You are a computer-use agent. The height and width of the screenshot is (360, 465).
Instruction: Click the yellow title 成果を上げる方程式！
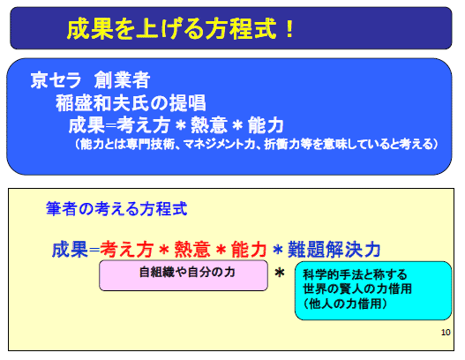[x=180, y=29]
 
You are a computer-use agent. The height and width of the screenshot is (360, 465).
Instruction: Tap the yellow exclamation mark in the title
[x=289, y=29]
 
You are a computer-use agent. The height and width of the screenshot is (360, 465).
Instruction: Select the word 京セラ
[x=56, y=80]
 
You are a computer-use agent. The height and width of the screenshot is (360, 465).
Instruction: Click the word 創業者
[x=122, y=80]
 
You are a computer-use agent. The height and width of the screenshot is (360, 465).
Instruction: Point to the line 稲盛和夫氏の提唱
[x=131, y=103]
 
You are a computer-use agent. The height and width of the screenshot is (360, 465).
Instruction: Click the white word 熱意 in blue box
[x=209, y=125]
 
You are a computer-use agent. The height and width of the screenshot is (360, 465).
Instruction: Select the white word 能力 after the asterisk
[x=266, y=125]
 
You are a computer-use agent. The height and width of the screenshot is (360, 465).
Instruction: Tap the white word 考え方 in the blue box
[x=143, y=125]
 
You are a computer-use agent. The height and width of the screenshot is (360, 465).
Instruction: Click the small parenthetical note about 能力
[x=255, y=145]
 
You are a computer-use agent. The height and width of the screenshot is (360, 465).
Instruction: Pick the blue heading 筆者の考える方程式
[x=116, y=208]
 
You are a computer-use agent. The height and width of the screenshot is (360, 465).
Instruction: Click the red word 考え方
[x=127, y=250]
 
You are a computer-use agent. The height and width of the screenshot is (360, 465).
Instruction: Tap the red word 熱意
[x=192, y=250]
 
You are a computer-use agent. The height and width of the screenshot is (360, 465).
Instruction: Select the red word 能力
[x=249, y=250]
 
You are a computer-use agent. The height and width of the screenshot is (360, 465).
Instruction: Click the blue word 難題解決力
[x=334, y=250]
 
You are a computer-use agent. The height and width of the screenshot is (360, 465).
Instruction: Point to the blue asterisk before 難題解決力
[x=278, y=250]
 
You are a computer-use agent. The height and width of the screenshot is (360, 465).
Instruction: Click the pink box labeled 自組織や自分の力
[x=184, y=275]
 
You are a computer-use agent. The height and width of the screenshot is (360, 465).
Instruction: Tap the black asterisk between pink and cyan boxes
[x=280, y=273]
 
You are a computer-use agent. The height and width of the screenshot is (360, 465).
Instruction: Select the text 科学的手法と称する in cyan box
[x=355, y=274]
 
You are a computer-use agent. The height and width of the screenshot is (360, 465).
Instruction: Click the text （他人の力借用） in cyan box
[x=345, y=304]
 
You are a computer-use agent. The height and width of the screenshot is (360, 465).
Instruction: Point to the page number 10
[x=446, y=333]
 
